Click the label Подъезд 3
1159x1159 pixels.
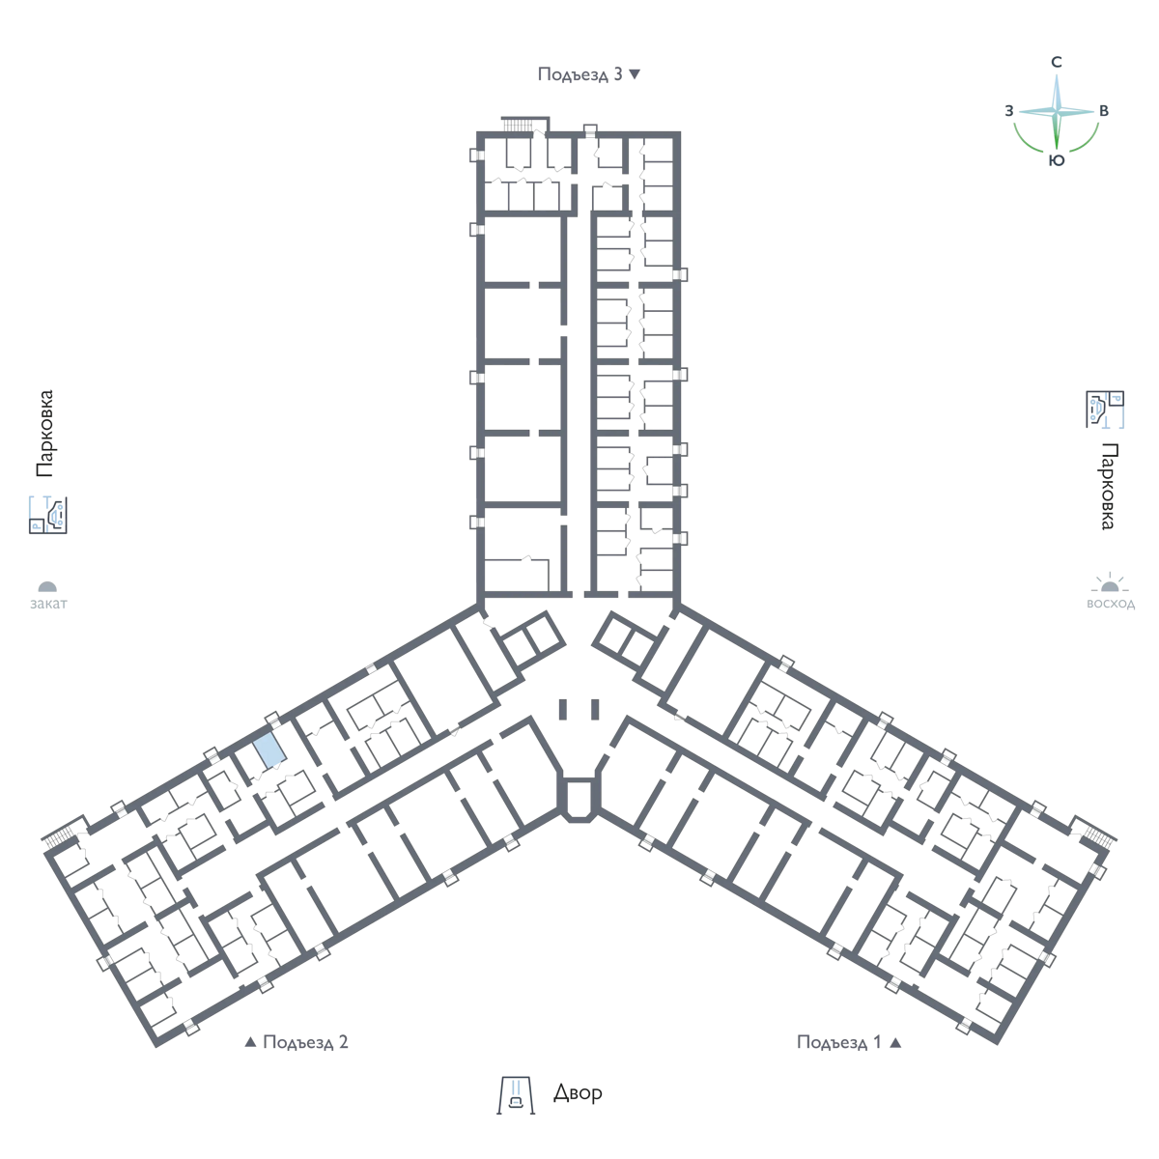(x=579, y=74)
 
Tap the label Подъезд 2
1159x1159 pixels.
(x=305, y=1042)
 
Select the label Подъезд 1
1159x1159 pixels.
(x=839, y=1042)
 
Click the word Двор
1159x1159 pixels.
(x=578, y=1092)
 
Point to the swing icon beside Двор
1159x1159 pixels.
(x=516, y=1095)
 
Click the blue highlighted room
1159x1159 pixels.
(x=269, y=751)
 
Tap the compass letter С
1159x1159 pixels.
(x=1057, y=62)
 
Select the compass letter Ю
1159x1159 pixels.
(x=1057, y=160)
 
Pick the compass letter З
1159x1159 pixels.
(x=1008, y=111)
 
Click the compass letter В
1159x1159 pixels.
(x=1104, y=111)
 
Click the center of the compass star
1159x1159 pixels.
(x=1057, y=112)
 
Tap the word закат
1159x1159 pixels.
(x=48, y=604)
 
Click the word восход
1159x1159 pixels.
(x=1111, y=604)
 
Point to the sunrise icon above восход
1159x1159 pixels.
(x=1110, y=582)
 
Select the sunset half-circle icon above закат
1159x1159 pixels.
(x=47, y=586)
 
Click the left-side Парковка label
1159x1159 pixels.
(x=45, y=434)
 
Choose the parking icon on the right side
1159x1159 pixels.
(x=1106, y=410)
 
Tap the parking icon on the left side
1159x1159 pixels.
(x=48, y=515)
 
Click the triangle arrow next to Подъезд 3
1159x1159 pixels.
(x=635, y=74)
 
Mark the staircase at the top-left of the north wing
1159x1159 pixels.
(x=518, y=125)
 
